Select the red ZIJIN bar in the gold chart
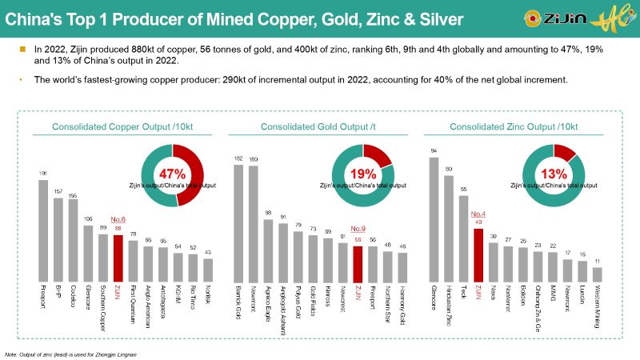pyautogui.click(x=358, y=260)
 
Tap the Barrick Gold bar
pyautogui.click(x=238, y=220)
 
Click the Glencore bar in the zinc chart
pyautogui.click(x=434, y=216)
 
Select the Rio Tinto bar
pyautogui.click(x=192, y=263)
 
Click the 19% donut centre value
pyautogui.click(x=363, y=174)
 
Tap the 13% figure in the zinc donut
pyautogui.click(x=554, y=174)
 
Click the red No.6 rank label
pyautogui.click(x=118, y=218)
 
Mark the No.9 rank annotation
pyautogui.click(x=358, y=229)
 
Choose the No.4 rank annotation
pyautogui.click(x=478, y=214)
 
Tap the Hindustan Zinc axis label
pyautogui.click(x=449, y=302)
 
